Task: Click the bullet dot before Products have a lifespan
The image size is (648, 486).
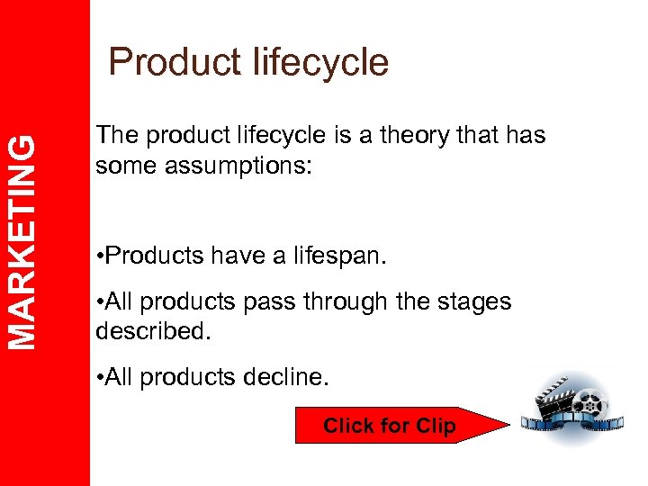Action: coord(99,256)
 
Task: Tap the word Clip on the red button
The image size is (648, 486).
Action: coord(435,426)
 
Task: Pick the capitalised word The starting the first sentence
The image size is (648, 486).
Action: coord(115,136)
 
